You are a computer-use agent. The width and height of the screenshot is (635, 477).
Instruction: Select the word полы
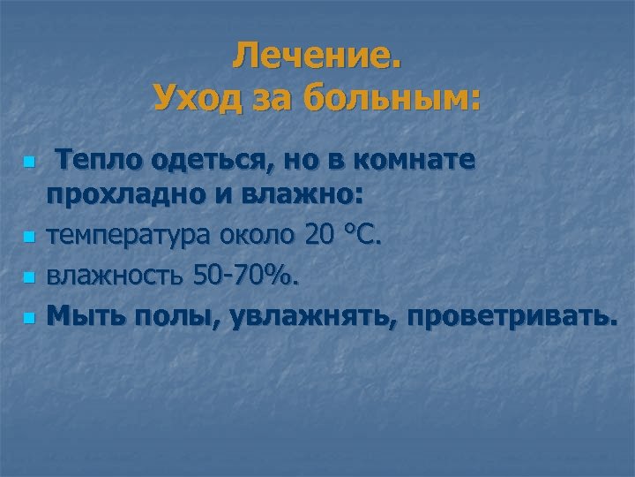pyautogui.click(x=172, y=315)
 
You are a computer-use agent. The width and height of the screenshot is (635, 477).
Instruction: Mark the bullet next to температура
pyautogui.click(x=30, y=237)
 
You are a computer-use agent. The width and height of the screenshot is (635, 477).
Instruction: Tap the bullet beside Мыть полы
pyautogui.click(x=30, y=315)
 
